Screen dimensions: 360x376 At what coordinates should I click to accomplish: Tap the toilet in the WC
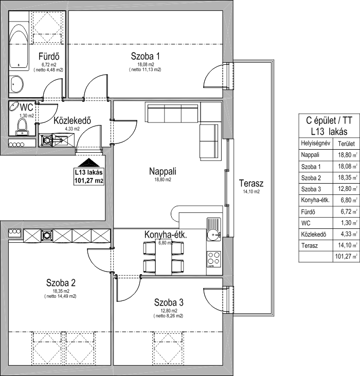(x=22, y=128)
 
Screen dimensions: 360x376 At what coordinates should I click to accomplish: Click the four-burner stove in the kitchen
(x=214, y=259)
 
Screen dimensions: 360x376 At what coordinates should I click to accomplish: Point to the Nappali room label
(x=163, y=171)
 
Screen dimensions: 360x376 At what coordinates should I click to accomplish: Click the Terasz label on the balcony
(x=251, y=184)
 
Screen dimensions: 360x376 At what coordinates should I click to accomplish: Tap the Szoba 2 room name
(x=61, y=283)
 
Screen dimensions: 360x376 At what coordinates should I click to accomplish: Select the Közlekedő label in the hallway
(x=72, y=120)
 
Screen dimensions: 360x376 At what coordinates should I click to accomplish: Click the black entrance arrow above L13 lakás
(x=88, y=163)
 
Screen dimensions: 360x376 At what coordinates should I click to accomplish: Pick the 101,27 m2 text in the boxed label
(x=89, y=181)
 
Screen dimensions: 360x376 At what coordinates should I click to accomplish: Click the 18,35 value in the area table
(x=345, y=177)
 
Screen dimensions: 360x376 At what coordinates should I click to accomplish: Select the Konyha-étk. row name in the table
(x=315, y=200)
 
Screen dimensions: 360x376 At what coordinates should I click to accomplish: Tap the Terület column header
(x=346, y=144)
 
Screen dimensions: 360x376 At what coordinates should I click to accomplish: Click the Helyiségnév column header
(x=315, y=144)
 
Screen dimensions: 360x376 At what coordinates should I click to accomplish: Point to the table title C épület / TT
(x=329, y=120)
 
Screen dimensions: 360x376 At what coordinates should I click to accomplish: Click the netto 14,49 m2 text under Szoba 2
(x=60, y=296)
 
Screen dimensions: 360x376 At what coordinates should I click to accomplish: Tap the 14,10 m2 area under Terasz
(x=251, y=191)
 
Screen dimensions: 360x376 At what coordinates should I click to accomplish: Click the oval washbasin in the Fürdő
(x=16, y=84)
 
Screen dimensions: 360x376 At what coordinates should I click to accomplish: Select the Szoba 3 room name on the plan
(x=169, y=302)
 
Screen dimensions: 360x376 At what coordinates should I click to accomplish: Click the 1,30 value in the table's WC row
(x=346, y=223)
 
